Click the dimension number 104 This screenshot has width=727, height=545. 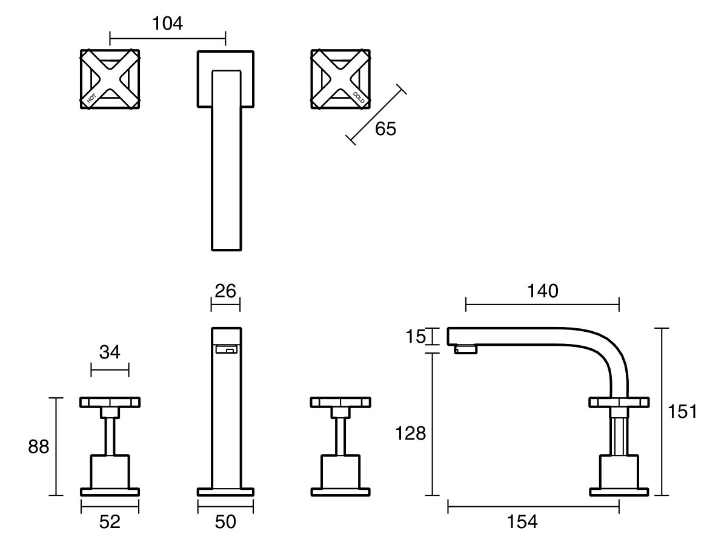167,24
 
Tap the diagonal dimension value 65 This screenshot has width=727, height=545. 385,128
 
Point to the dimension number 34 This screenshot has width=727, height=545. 110,352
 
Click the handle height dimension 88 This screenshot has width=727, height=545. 38,447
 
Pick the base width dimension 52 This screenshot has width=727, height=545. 110,521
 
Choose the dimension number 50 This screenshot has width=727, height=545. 225,521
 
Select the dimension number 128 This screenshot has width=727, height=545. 411,433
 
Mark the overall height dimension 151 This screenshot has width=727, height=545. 682,412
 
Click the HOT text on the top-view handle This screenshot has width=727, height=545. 91,99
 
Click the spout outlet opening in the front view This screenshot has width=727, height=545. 226,349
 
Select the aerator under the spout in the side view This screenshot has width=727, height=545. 465,349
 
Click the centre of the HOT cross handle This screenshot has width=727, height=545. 110,80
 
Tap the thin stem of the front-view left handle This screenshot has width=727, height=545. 110,436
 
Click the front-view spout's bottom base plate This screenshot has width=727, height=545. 225,491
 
